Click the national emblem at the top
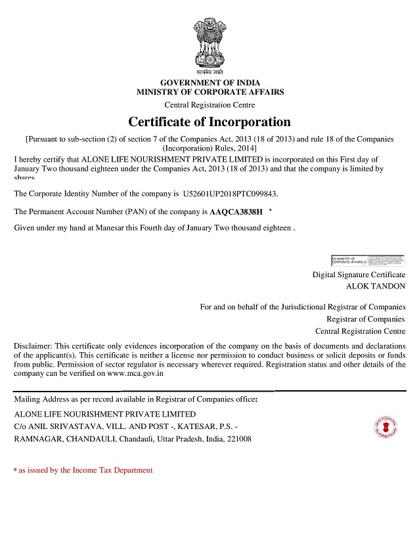209,45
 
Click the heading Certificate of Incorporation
209,122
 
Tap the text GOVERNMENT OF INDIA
209,82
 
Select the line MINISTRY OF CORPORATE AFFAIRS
210,92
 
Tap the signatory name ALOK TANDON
376,286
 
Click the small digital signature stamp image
368,260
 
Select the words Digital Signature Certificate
359,275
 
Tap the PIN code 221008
238,439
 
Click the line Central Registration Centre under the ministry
209,105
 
